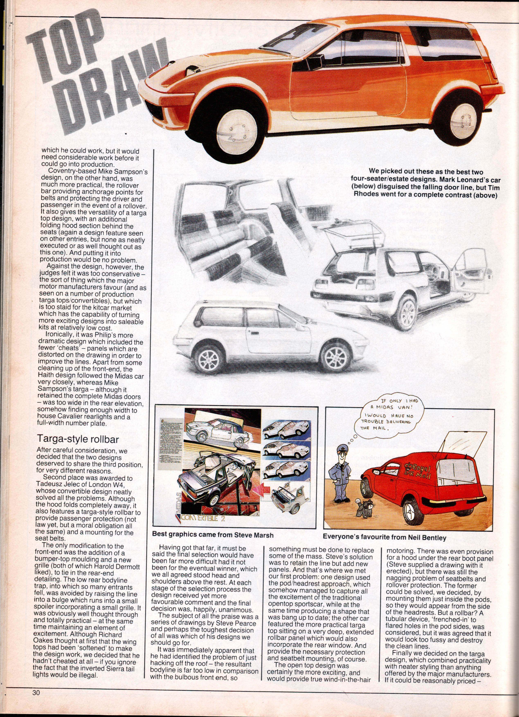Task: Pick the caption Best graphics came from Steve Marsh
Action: tap(213, 535)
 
